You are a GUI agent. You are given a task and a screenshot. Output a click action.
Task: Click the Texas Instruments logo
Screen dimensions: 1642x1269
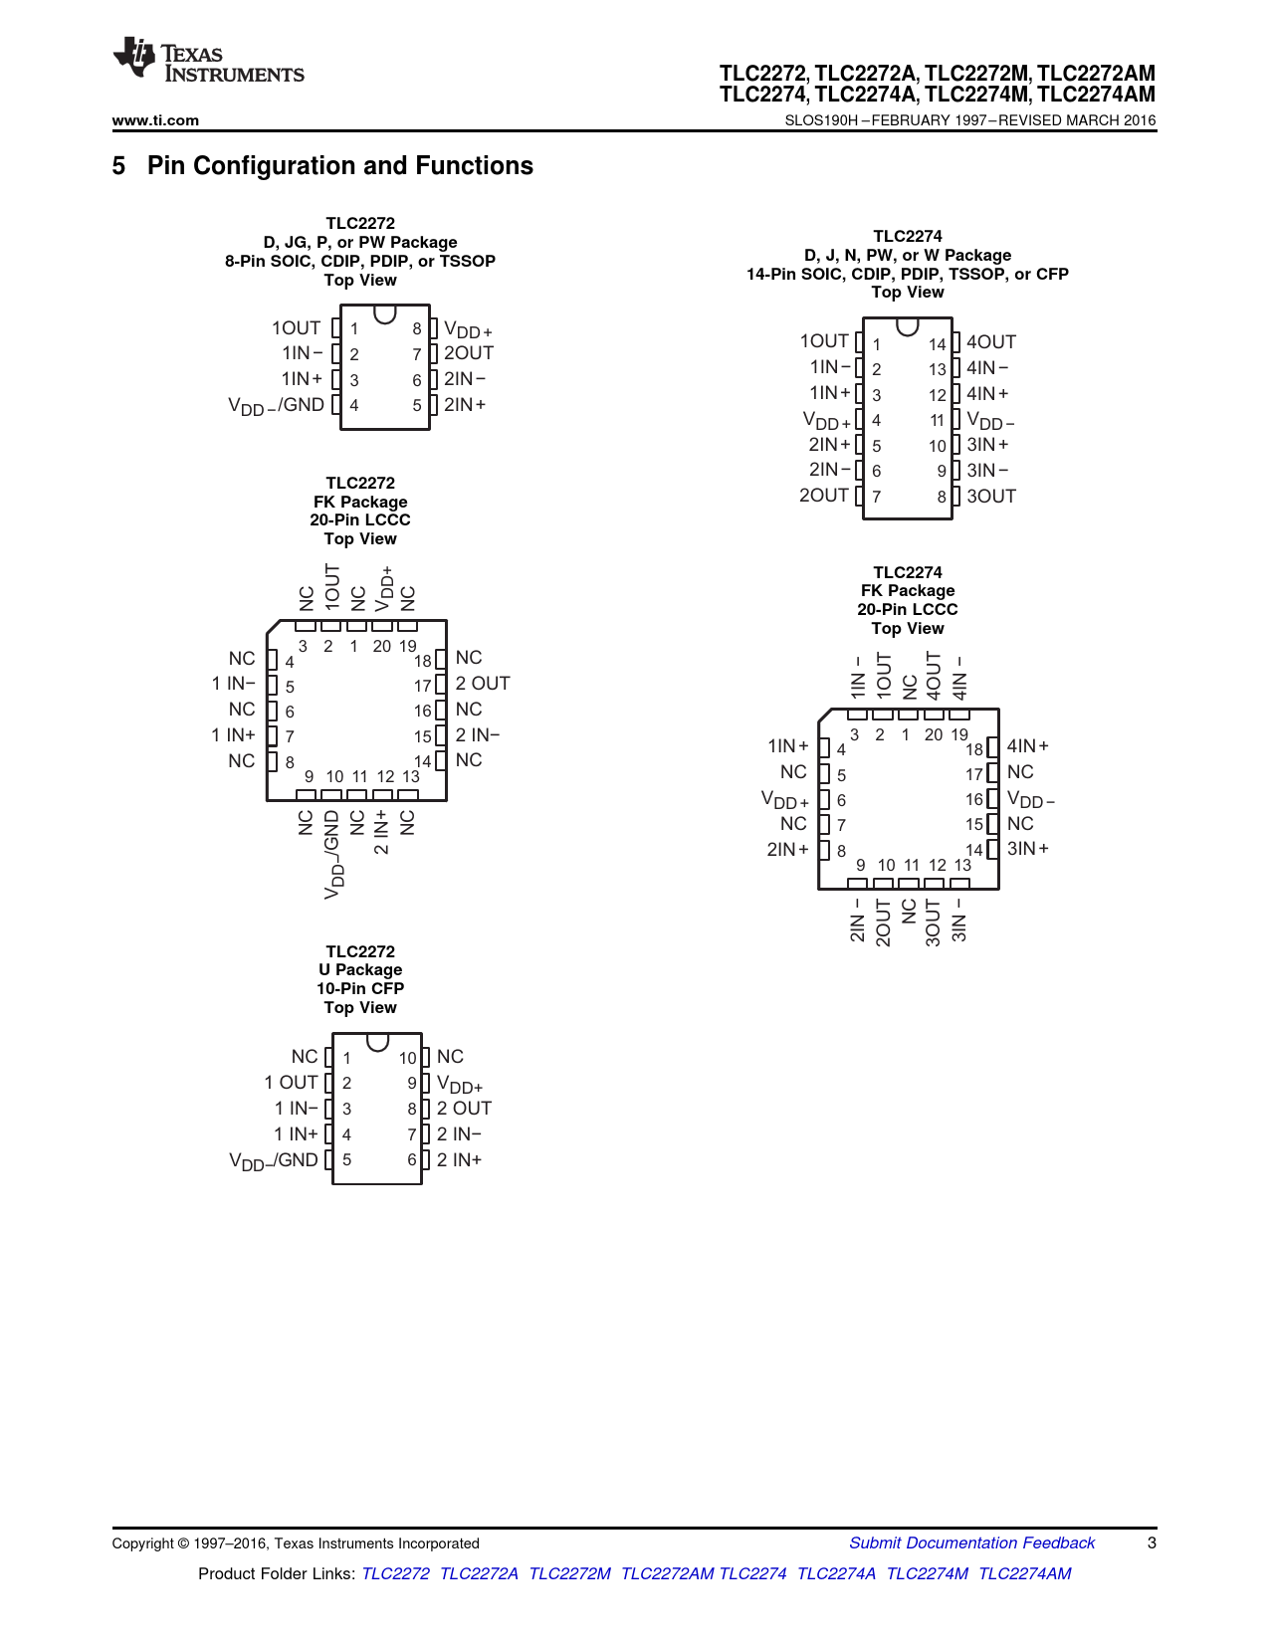(208, 61)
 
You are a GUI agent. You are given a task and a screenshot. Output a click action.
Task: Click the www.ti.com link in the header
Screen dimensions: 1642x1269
(155, 120)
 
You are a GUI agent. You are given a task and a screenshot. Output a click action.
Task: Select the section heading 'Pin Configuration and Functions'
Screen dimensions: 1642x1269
(339, 165)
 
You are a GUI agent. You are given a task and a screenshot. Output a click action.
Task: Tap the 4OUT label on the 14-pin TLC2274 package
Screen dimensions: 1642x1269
(991, 342)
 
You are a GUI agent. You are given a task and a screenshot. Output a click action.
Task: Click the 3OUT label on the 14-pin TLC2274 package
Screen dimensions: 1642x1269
(991, 497)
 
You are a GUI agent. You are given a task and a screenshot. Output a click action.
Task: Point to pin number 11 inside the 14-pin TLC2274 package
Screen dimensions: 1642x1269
(938, 421)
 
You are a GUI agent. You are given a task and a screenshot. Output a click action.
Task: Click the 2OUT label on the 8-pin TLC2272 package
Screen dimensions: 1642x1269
(469, 353)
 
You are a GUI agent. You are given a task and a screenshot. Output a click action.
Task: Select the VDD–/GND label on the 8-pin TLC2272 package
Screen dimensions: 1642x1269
(276, 405)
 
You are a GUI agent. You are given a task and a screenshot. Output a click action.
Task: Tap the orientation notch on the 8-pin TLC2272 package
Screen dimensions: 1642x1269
(385, 313)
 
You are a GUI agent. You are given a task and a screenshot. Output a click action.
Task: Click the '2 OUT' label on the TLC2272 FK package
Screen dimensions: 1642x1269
(483, 684)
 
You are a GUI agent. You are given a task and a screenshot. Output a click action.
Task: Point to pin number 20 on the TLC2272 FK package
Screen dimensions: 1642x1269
(381, 646)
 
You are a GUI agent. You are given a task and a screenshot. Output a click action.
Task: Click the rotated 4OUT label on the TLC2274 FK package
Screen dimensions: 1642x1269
(934, 675)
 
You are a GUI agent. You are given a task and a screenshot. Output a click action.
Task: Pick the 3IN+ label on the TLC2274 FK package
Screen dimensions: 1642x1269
(1028, 849)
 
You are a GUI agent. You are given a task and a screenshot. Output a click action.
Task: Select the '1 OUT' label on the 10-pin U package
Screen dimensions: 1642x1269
(291, 1083)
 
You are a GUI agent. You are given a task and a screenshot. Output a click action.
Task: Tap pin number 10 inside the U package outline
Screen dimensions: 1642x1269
(407, 1058)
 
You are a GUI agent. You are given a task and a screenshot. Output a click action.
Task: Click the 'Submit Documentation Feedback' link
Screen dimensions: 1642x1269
(971, 1542)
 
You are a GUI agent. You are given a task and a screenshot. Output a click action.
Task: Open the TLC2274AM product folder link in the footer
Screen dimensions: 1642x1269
(1024, 1573)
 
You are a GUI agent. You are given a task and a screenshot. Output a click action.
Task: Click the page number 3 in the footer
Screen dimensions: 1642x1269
(1152, 1542)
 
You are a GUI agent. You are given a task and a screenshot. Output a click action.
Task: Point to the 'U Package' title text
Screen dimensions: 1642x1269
(360, 969)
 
